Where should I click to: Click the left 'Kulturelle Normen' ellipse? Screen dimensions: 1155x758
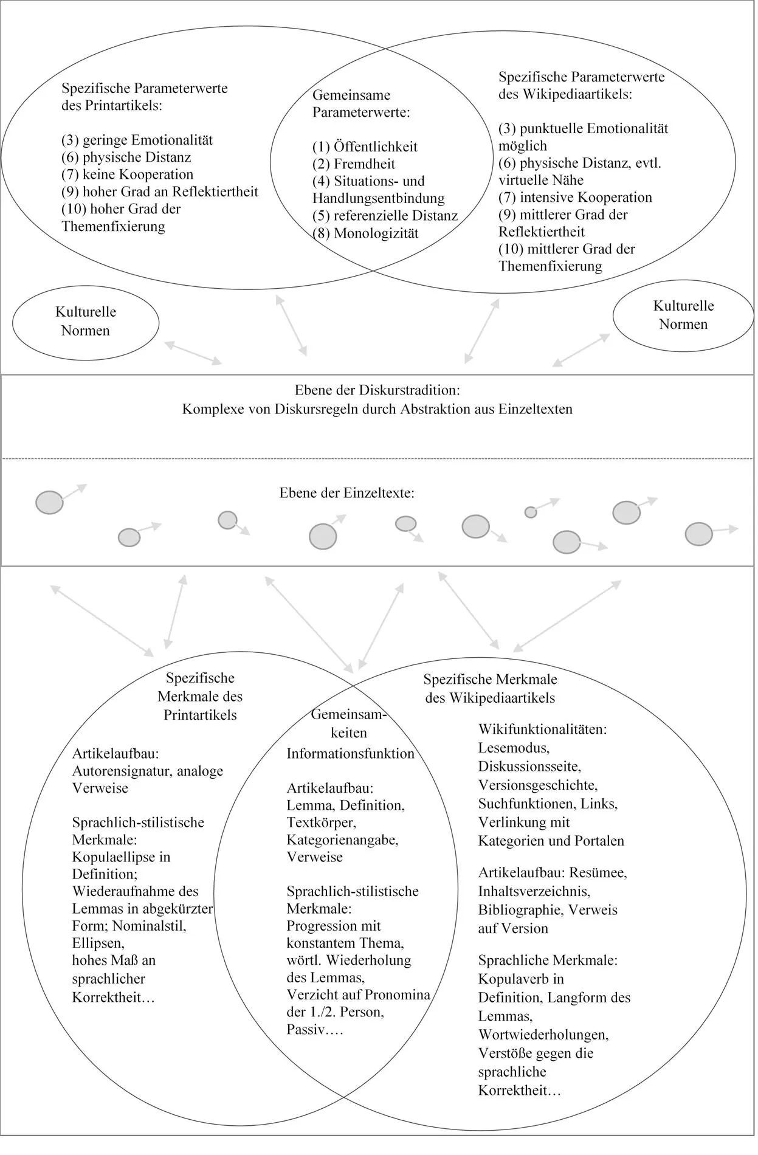coord(86,322)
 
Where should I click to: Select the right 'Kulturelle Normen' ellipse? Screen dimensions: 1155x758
coord(683,315)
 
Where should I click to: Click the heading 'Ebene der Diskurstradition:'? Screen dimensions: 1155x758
coord(377,390)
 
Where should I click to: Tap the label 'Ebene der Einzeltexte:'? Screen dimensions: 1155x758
coord(346,493)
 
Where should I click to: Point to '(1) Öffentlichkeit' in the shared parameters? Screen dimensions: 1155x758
coord(365,147)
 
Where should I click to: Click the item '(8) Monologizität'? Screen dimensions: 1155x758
coord(365,233)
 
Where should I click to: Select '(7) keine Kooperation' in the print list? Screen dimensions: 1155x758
coord(127,174)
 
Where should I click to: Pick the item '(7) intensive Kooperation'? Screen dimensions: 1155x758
coord(575,198)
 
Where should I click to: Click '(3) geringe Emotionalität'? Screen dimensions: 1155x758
coord(137,140)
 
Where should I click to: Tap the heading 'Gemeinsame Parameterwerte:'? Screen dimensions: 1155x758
coord(361,104)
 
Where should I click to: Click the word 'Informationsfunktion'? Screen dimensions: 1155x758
coord(350,754)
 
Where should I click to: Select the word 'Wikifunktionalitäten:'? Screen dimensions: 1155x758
coord(542,729)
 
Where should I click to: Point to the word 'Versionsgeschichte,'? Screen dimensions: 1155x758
coord(537,785)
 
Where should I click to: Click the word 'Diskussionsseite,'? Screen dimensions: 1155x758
coord(529,767)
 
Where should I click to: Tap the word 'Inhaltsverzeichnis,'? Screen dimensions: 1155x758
coord(534,891)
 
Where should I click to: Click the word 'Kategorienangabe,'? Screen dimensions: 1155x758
coord(343,840)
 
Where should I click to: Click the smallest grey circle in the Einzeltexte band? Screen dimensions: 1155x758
coord(531,512)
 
